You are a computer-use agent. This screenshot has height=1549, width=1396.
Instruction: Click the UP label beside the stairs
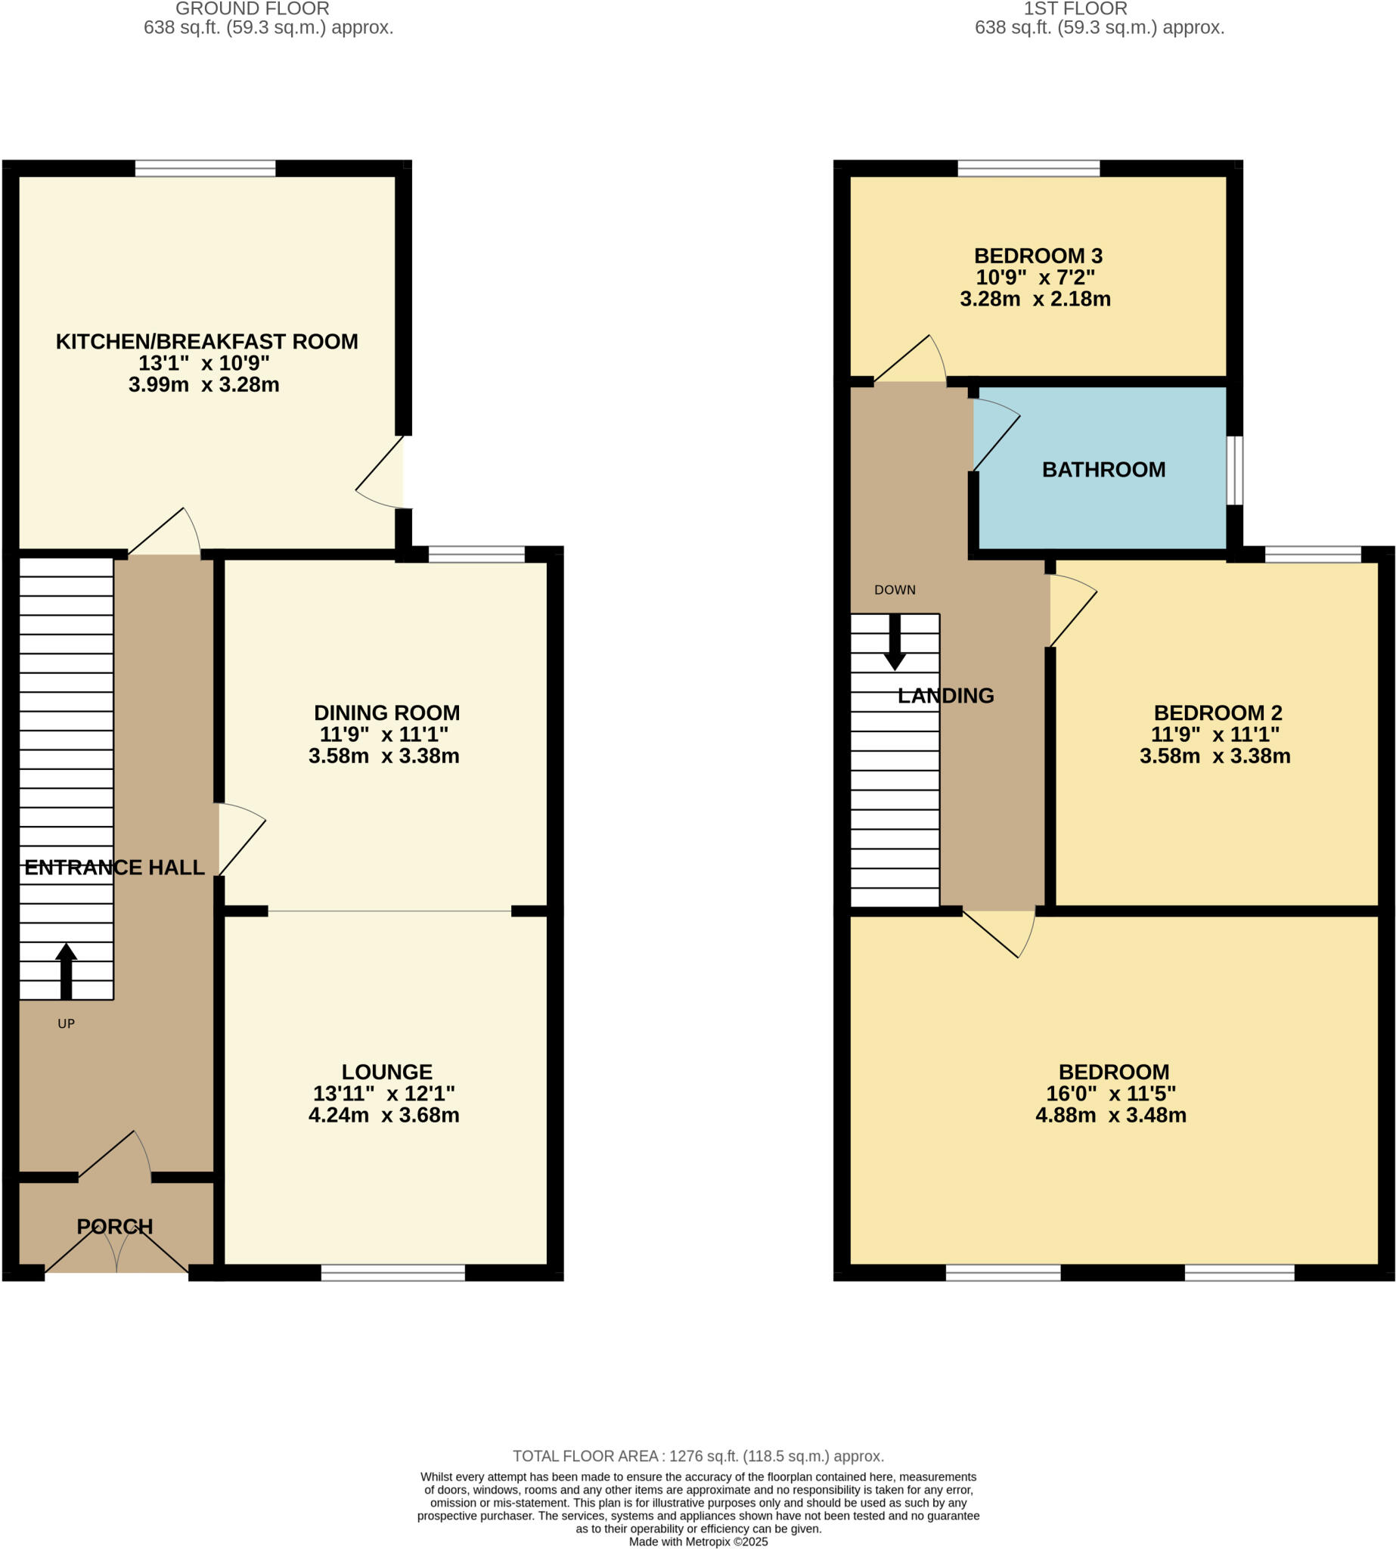coord(66,1023)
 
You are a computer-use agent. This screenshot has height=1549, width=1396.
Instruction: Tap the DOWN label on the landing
coord(895,590)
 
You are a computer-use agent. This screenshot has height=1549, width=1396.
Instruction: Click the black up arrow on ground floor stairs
coord(66,970)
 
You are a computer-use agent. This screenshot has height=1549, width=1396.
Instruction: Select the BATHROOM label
coord(1103,470)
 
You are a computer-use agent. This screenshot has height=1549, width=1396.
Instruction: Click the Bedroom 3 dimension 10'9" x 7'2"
coord(1035,277)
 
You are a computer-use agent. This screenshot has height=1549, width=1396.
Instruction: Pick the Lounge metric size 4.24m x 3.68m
coord(383,1115)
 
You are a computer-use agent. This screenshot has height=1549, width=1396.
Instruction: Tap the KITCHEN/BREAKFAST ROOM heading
coord(206,341)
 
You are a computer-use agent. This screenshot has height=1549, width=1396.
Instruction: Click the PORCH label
coord(115,1226)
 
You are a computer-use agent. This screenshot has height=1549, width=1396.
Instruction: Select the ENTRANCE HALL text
coord(114,867)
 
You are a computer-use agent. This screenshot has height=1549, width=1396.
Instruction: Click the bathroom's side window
coord(1234,470)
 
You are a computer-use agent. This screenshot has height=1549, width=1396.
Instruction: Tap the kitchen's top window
coord(205,168)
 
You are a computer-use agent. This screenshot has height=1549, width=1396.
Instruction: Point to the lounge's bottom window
coord(392,1273)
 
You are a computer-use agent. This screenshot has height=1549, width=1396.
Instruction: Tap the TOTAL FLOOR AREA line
coord(698,1456)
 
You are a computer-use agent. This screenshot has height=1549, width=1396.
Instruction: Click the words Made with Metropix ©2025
coord(698,1541)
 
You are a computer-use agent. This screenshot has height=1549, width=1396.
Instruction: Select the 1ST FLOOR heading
coord(1075,8)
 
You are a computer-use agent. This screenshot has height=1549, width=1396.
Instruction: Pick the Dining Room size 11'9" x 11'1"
coord(383,734)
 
